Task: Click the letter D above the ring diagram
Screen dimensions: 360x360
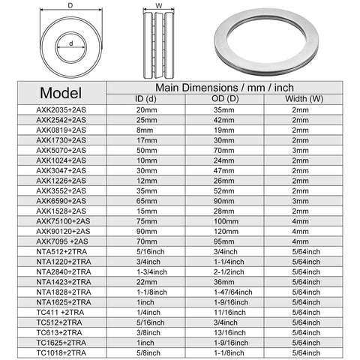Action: click(70, 6)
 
